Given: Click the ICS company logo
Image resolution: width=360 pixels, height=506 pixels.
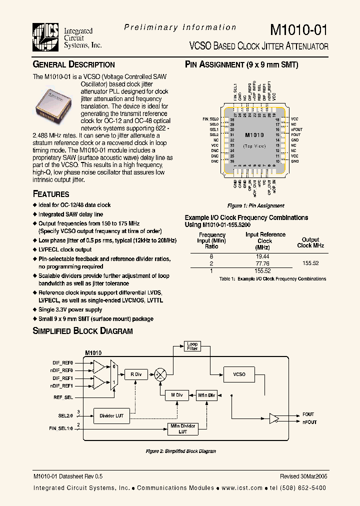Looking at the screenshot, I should pyautogui.click(x=46, y=36).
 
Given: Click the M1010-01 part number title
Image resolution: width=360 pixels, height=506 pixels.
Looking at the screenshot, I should pyautogui.click(x=299, y=29).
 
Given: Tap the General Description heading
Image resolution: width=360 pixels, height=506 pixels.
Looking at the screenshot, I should pyautogui.click(x=73, y=64).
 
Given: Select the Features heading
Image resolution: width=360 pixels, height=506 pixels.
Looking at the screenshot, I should pyautogui.click(x=51, y=194).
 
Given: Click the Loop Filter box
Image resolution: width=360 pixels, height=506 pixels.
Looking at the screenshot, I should pyautogui.click(x=192, y=346).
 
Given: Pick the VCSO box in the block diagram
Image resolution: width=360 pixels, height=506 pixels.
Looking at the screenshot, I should pyautogui.click(x=239, y=374).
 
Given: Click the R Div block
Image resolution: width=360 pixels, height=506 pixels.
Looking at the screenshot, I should pyautogui.click(x=135, y=374).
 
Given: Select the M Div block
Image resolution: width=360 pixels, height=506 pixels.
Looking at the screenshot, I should pyautogui.click(x=176, y=395).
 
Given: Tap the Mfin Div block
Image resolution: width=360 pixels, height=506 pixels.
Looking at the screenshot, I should pyautogui.click(x=206, y=395).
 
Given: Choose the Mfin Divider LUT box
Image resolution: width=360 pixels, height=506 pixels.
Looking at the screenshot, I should pyautogui.click(x=182, y=428).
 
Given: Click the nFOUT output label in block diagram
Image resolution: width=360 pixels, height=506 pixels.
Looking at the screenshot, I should pyautogui.click(x=310, y=422).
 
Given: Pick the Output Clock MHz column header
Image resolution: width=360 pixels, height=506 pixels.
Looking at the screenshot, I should pyautogui.click(x=310, y=242).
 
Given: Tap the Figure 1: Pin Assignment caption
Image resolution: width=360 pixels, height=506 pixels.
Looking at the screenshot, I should pyautogui.click(x=255, y=205).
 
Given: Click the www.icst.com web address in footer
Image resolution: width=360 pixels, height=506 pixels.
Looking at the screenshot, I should pyautogui.click(x=242, y=488).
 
